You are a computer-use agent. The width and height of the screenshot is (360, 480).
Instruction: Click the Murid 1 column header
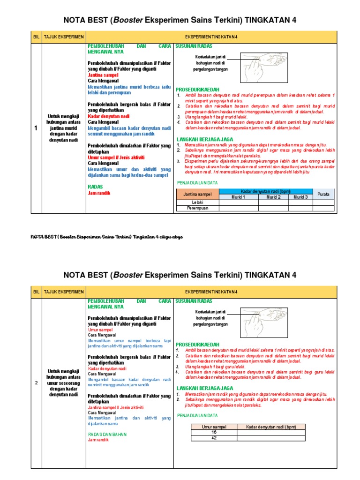238,197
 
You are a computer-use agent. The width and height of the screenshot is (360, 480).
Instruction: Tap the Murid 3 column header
300,197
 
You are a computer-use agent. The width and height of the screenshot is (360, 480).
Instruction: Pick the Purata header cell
323,194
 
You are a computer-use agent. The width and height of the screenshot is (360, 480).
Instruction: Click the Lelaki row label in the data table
197,202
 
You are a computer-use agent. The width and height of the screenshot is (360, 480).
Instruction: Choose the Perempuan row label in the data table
197,208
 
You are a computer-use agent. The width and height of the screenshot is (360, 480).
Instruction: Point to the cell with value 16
213,432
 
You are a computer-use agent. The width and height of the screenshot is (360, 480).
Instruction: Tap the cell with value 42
213,438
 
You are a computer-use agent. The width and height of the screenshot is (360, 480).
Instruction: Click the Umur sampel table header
213,426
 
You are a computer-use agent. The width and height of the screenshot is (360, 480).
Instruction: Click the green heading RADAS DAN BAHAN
107,434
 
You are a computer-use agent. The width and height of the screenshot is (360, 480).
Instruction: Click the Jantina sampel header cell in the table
197,194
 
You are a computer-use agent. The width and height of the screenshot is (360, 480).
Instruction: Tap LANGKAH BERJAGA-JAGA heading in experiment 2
204,388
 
